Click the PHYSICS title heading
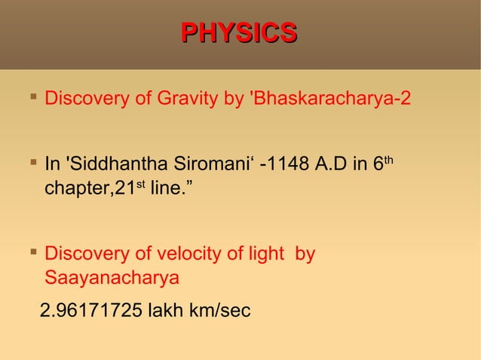click(240, 33)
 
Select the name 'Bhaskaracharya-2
click(329, 99)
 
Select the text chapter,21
click(89, 188)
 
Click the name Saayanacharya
click(112, 278)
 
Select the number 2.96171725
click(91, 310)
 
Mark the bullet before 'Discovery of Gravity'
click(32, 98)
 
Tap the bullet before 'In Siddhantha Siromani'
click(32, 163)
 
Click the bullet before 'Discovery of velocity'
click(32, 253)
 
